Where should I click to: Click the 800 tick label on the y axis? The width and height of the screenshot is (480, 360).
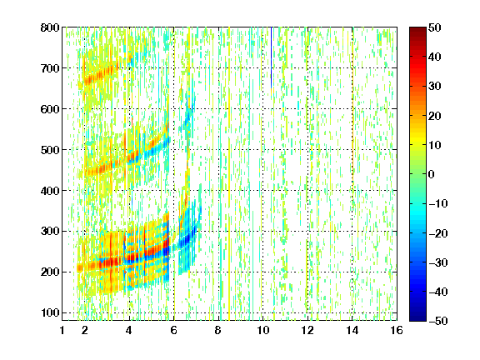coord(50,27)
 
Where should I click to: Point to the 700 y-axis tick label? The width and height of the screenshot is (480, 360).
coord(50,68)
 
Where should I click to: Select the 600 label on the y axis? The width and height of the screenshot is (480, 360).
coord(50,109)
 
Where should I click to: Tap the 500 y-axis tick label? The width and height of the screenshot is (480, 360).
coord(50,150)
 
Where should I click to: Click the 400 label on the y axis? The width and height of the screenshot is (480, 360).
coord(50,191)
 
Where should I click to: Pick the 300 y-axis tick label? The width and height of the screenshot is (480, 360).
coord(50,231)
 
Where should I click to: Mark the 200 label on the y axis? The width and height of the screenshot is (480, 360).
coord(50,272)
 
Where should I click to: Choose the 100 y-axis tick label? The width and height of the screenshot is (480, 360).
coord(50,312)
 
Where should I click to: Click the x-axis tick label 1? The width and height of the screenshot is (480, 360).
coord(62,330)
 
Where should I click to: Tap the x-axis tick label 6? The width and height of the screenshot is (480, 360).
coord(174,330)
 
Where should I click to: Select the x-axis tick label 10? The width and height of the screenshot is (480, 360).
coord(263,330)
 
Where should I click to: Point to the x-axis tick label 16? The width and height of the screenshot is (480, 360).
coord(397,330)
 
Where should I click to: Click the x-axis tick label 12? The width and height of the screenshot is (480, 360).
coord(307,330)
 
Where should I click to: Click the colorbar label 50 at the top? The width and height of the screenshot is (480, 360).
coord(434,27)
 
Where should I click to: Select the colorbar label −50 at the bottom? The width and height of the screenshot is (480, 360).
coord(438,321)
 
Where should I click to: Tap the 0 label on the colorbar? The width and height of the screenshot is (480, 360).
coord(431,174)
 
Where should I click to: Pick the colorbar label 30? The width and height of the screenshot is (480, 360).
coord(434,87)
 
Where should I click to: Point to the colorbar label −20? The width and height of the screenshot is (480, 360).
coord(438,233)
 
